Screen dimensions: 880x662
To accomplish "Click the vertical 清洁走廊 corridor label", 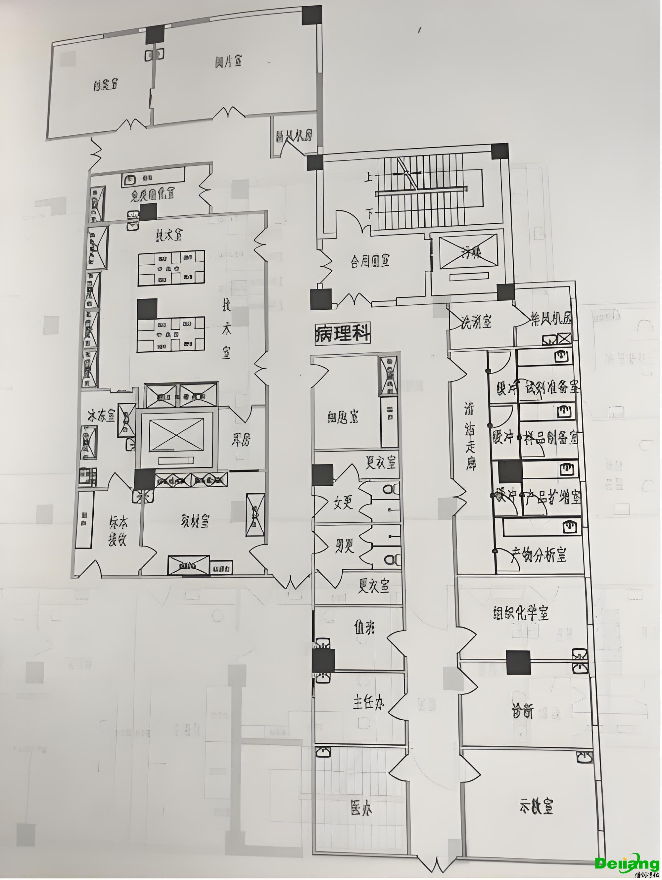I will click(x=471, y=435).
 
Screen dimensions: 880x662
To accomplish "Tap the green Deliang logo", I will click(x=627, y=861).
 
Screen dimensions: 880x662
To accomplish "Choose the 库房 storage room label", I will click(x=241, y=439).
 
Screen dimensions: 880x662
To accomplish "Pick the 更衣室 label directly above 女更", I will click(x=381, y=462).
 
